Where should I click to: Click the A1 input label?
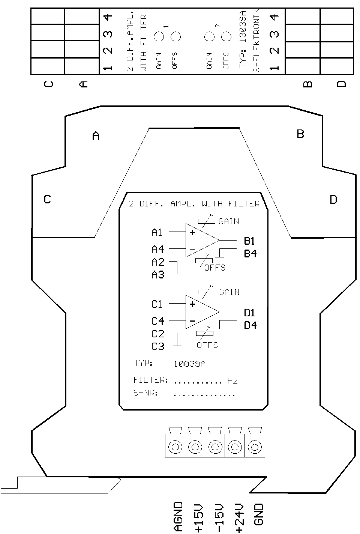point(156,232)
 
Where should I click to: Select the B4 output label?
point(250,253)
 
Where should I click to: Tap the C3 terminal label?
point(158,346)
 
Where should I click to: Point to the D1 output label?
point(249,313)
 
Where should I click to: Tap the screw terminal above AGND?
point(175,447)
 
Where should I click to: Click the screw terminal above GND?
point(255,447)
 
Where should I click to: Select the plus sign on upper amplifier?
point(192,232)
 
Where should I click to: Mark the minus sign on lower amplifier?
point(192,321)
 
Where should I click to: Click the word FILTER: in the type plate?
point(151,380)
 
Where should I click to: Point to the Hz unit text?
point(232,381)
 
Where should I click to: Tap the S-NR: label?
point(145,393)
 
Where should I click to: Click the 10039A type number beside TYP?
point(189,364)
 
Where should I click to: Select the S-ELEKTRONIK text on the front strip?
point(256,41)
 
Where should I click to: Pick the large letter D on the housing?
point(333,199)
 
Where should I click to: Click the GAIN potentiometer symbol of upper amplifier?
point(207,221)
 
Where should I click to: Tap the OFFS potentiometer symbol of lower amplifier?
point(205,333)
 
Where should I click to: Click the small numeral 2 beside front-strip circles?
point(218,26)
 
